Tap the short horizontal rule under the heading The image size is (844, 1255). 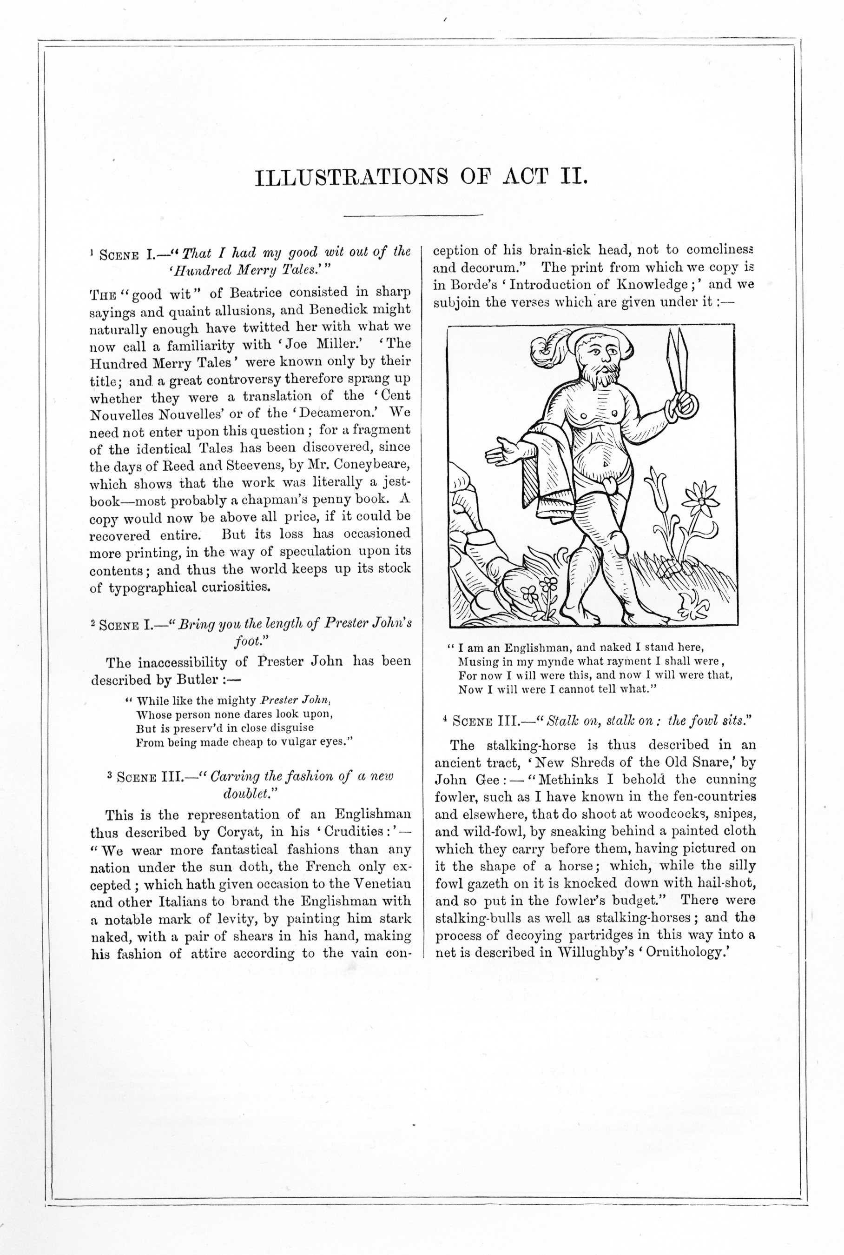[x=413, y=215]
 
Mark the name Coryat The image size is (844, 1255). [x=239, y=832]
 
